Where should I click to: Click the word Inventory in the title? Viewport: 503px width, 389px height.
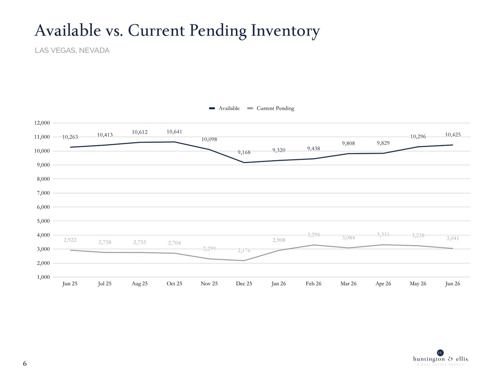point(285,31)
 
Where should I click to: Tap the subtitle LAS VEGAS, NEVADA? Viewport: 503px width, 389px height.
point(72,50)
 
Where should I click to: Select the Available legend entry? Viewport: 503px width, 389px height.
point(224,108)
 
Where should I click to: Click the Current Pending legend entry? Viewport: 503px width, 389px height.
point(271,108)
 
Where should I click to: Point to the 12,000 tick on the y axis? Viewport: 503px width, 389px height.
point(42,123)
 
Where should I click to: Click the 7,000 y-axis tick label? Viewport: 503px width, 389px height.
point(43,193)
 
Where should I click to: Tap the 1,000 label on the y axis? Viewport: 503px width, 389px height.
point(43,277)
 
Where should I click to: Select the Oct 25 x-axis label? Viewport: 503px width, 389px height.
point(174,284)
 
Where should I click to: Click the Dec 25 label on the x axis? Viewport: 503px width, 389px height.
point(244,284)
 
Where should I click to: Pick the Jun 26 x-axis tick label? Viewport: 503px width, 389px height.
point(453,284)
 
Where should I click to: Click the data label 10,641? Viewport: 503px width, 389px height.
point(174,132)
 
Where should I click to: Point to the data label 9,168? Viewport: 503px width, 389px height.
point(244,152)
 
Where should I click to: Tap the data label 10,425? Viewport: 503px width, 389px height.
point(453,135)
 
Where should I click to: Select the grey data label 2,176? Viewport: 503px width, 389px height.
point(244,250)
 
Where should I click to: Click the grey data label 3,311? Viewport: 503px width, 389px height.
point(383,234)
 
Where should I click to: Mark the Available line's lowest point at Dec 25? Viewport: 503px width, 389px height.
point(244,162)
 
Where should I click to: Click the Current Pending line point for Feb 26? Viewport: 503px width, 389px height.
point(314,245)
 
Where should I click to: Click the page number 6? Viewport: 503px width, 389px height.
point(25,363)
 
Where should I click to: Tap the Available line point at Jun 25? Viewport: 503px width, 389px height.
point(70,147)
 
